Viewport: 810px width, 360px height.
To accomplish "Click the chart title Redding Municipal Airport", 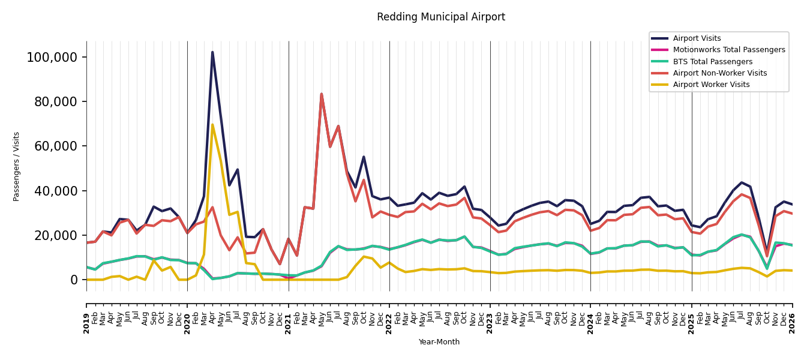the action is point(441,17).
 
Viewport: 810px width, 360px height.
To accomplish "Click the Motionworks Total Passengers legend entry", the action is point(718,50).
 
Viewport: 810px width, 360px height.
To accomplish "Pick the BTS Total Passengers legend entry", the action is point(701,62).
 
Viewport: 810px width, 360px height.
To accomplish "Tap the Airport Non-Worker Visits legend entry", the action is point(709,73).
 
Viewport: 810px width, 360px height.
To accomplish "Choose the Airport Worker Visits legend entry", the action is point(700,85).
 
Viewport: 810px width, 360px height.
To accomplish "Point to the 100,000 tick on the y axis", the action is point(52,57).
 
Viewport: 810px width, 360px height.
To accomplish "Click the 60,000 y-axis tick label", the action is point(56,146).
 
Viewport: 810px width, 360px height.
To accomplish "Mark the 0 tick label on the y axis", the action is point(74,280).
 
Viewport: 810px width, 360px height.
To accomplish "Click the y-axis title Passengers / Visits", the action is point(16,167).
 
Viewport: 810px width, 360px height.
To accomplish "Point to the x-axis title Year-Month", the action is point(439,342).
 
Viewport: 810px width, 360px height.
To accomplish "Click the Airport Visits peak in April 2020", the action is point(212,52).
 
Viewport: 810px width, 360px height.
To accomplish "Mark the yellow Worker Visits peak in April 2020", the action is point(212,125).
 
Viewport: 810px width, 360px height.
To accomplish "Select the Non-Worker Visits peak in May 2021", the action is point(322,94).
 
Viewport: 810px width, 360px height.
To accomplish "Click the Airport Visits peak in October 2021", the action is point(364,157).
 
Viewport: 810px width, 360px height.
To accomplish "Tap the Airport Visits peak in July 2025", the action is point(742,182).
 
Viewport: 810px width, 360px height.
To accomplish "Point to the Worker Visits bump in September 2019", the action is point(154,260).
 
